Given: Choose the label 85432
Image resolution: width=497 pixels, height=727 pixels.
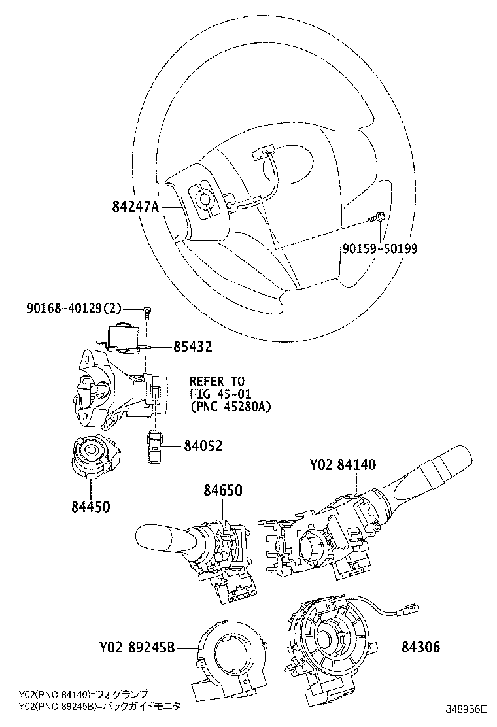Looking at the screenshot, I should point(193,347).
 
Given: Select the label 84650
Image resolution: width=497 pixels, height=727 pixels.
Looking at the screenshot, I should point(222,490).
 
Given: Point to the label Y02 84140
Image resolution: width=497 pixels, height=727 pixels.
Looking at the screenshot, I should point(343,465).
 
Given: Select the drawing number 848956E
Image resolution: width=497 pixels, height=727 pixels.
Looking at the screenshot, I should point(467,709).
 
